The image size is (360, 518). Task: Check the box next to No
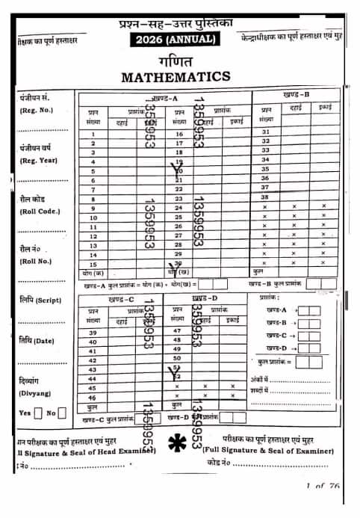point(62,413)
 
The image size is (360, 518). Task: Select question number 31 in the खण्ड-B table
point(266,132)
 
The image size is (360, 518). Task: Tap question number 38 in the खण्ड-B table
point(266,197)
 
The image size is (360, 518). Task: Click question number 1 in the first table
point(93,133)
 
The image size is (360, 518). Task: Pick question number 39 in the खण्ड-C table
point(93,332)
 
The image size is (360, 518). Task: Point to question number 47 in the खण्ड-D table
point(177,330)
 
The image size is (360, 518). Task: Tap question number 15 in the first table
point(93,264)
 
